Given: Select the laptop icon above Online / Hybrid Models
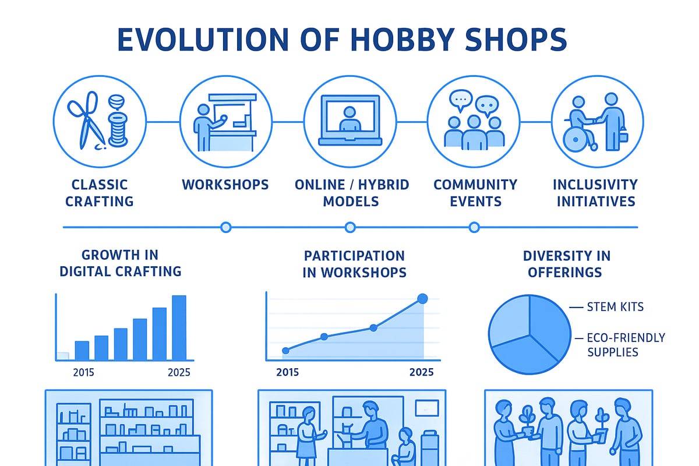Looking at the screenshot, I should (x=350, y=121).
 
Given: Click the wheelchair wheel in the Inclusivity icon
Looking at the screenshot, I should (x=576, y=138).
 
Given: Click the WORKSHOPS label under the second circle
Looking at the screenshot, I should (x=225, y=185).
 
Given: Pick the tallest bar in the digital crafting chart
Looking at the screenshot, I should (x=179, y=327).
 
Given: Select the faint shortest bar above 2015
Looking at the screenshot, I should (x=63, y=355).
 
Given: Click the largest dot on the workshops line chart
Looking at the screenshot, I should (x=423, y=299).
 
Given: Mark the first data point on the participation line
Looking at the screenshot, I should (x=286, y=351).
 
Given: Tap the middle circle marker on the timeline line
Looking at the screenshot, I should (x=350, y=227).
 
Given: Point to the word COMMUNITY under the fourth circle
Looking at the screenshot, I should (x=475, y=185).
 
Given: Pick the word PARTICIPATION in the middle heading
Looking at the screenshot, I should (x=354, y=256).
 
